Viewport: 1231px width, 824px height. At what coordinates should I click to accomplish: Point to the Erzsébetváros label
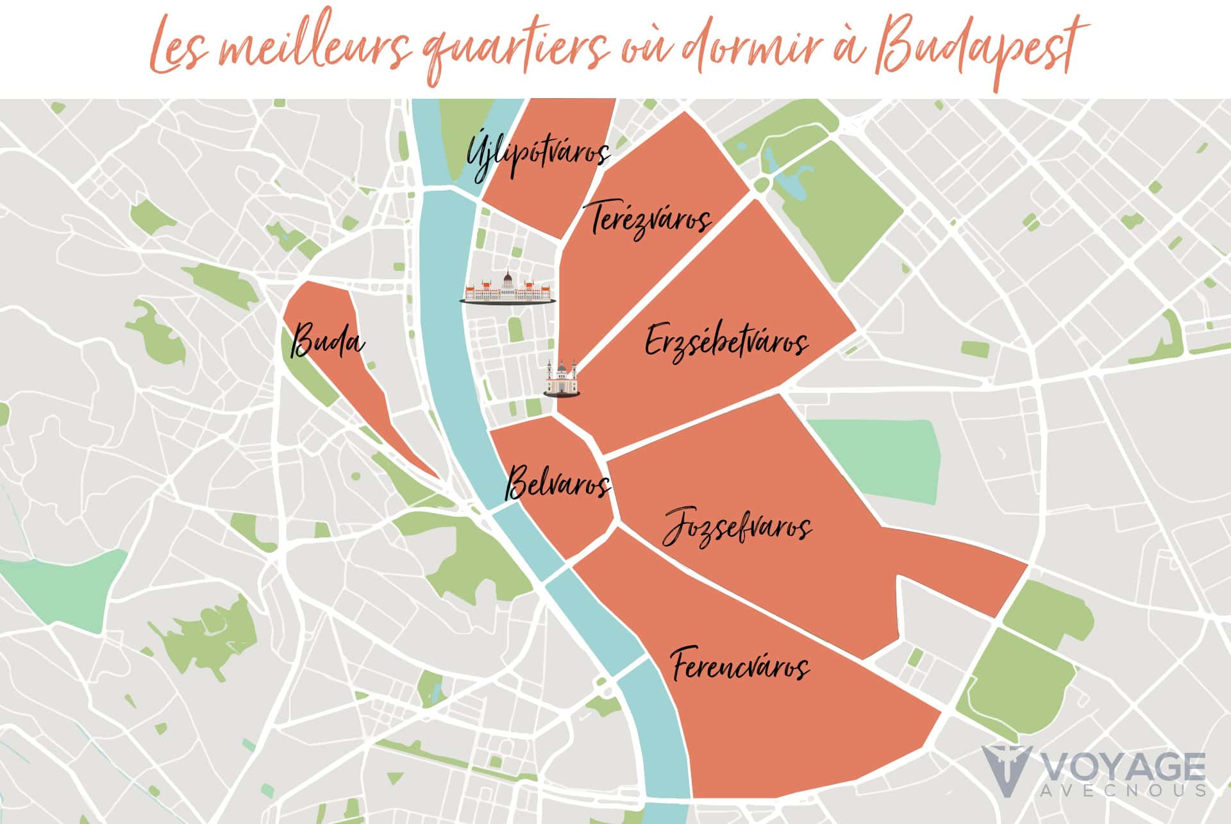pos(726,341)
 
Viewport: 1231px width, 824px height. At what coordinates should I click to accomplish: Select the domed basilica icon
pos(562,379)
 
